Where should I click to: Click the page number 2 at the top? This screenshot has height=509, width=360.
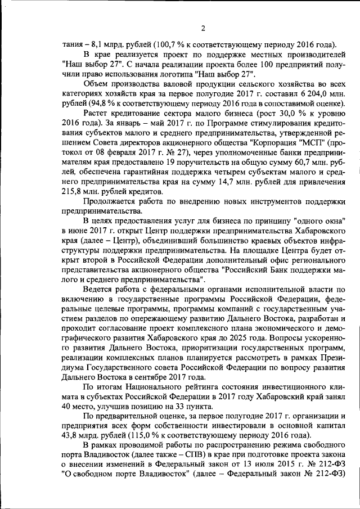(203, 29)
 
